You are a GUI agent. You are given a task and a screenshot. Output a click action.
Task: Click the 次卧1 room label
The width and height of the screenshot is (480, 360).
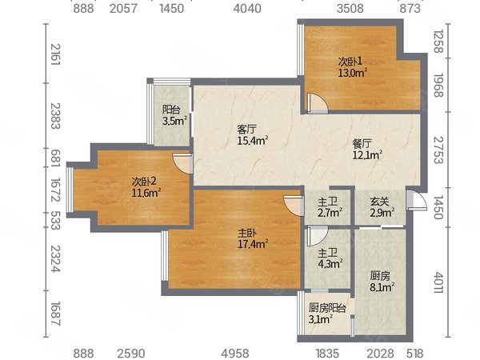[x=350, y=62]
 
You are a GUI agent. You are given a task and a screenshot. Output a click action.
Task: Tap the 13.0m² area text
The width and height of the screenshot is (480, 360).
[x=352, y=73]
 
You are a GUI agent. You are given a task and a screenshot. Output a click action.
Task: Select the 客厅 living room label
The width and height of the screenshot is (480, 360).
[x=246, y=130]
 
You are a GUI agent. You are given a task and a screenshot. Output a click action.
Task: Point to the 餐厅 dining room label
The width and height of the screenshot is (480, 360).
[x=362, y=143]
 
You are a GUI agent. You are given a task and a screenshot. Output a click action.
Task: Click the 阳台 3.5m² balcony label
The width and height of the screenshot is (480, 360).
[x=174, y=115]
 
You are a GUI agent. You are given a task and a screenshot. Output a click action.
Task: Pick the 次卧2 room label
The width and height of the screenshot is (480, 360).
[x=144, y=182]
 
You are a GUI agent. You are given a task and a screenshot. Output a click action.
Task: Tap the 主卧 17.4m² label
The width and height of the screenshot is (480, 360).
[x=253, y=239]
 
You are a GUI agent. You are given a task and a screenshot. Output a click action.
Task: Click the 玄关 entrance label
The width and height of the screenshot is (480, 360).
[x=379, y=202]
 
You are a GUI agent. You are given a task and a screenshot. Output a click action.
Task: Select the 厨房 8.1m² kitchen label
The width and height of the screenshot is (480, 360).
[x=382, y=282]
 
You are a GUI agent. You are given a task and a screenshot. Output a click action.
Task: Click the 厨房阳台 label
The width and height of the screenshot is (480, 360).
[x=327, y=308]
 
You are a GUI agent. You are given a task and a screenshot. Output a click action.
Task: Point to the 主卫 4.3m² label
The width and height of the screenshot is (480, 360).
[x=330, y=258]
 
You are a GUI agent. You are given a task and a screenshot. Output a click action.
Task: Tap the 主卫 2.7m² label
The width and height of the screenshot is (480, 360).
[x=330, y=207]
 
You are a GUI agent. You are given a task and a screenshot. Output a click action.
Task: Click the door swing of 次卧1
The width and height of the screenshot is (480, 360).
[x=318, y=103]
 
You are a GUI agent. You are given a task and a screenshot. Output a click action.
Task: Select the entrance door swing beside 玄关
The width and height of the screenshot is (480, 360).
[x=417, y=200]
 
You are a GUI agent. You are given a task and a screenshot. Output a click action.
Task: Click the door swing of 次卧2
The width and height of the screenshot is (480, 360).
[x=182, y=163]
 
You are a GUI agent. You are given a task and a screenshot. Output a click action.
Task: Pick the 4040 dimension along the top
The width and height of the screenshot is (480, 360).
[x=247, y=8]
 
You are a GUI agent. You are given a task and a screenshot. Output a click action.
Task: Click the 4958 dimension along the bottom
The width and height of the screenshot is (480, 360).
[x=235, y=354]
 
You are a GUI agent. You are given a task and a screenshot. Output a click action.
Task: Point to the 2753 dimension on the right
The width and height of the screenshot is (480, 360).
[x=438, y=150]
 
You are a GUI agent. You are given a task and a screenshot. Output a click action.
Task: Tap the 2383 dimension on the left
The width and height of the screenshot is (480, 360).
[x=55, y=116]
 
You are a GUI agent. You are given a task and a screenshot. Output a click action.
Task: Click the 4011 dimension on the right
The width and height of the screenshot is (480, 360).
[x=438, y=282]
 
